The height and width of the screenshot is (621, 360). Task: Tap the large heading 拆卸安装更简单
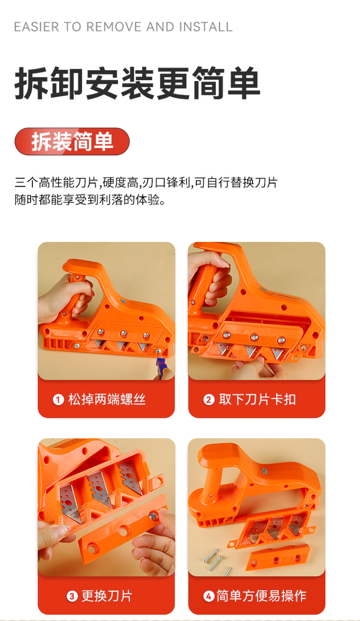(137, 84)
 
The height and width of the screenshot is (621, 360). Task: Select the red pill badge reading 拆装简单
(72, 142)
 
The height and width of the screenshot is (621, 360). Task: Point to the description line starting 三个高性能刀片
(146, 183)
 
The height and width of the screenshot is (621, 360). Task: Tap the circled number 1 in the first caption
(58, 400)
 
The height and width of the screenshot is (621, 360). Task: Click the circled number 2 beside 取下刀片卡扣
(209, 400)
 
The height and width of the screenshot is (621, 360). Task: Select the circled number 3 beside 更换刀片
(72, 596)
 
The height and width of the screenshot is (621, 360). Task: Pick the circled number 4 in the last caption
(209, 596)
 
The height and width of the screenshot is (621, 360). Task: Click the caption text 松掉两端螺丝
(107, 400)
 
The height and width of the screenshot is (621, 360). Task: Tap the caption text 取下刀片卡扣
(257, 400)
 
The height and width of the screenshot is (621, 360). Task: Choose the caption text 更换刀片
(107, 596)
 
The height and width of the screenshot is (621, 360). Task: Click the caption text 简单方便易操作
(262, 596)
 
